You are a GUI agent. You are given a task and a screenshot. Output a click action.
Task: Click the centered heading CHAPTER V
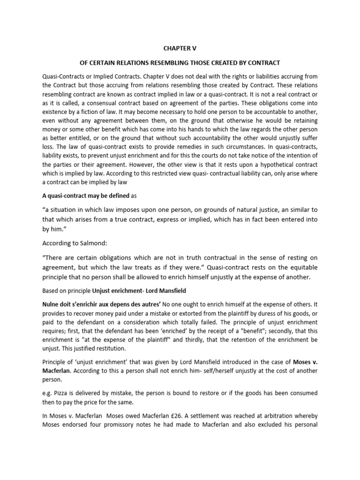180,47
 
